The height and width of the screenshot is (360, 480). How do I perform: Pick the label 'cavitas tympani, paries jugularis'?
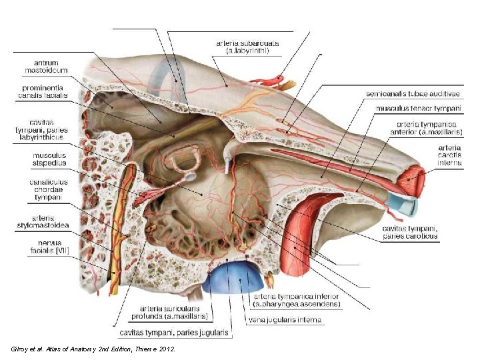pyautogui.click(x=173, y=332)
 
